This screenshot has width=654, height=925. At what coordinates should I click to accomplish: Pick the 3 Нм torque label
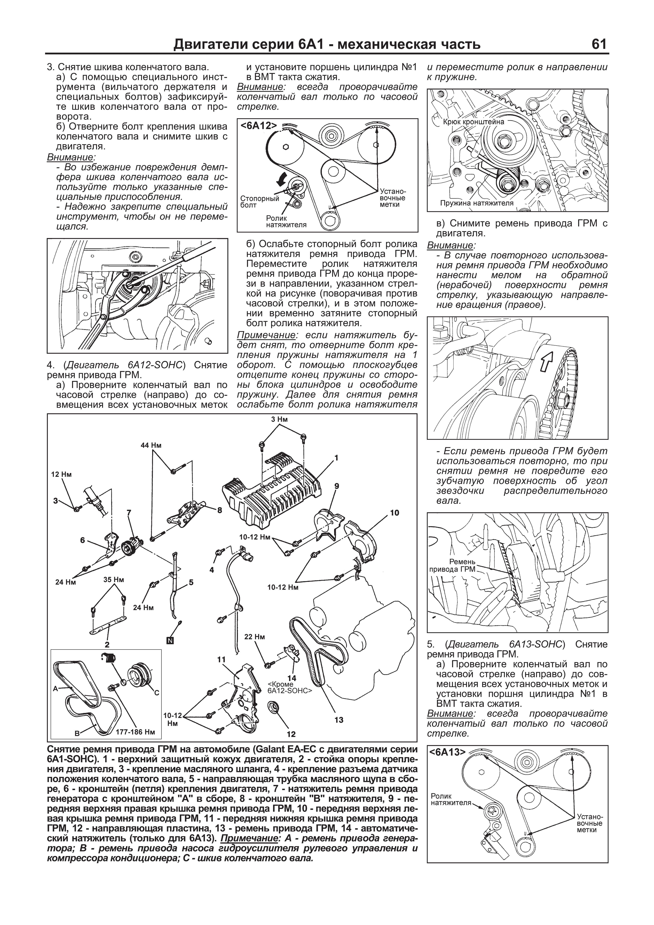click(x=279, y=419)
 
